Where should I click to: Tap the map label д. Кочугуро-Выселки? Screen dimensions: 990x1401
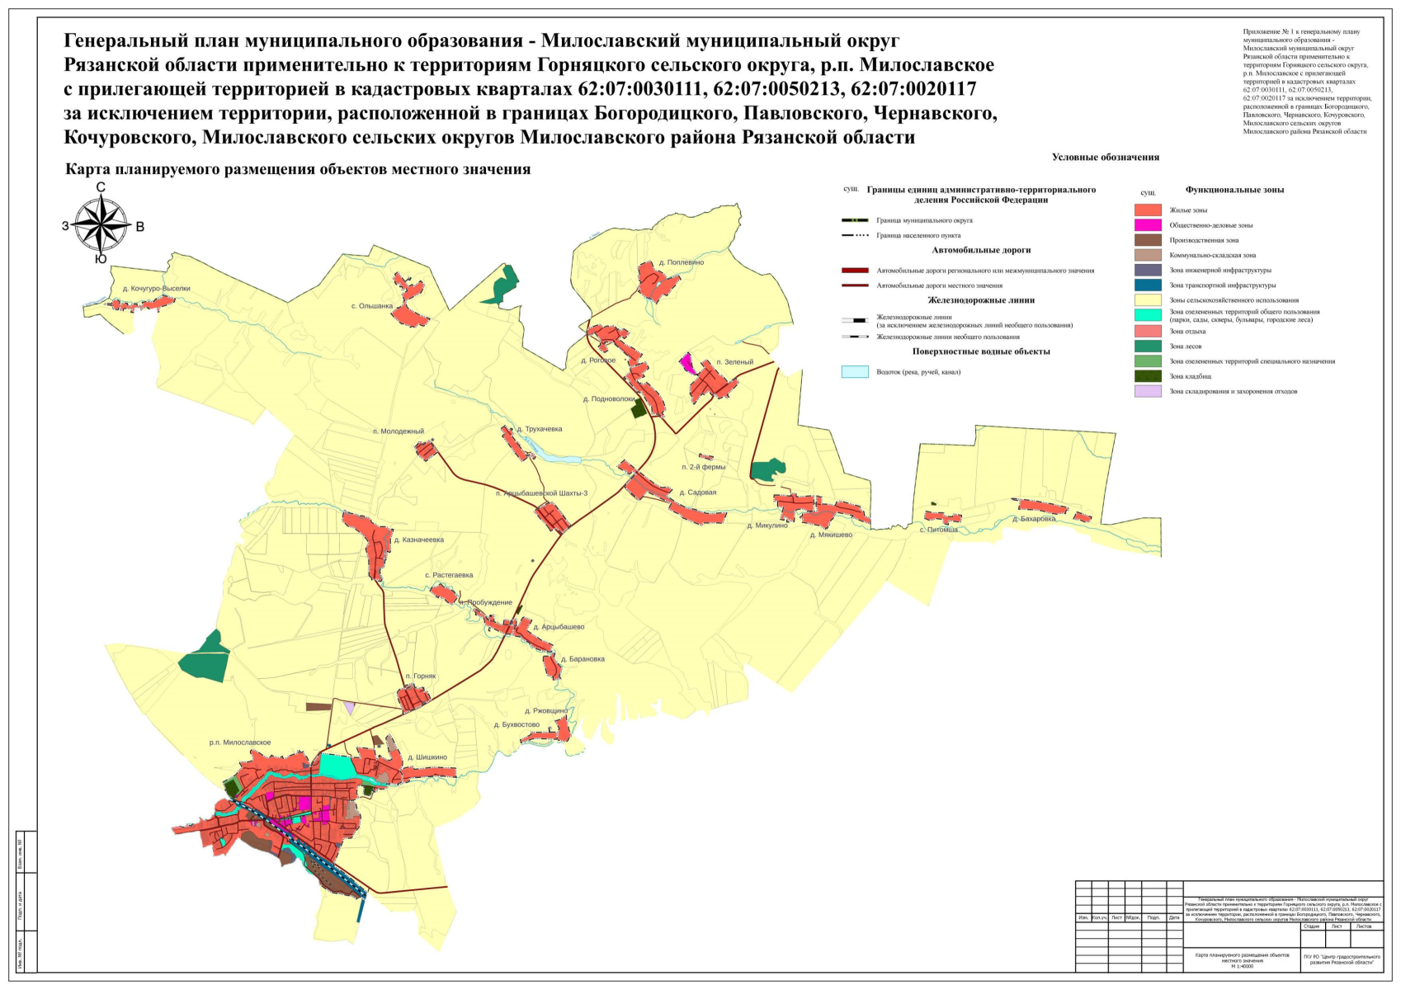click(156, 289)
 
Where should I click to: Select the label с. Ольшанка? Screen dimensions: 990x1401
click(371, 306)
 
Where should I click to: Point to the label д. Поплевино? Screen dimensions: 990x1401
click(681, 263)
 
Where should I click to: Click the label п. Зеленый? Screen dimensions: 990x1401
click(734, 362)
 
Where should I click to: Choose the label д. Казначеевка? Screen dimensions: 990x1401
click(418, 540)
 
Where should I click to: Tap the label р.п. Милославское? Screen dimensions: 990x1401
click(239, 743)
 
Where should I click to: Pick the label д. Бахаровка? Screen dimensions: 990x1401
click(1034, 520)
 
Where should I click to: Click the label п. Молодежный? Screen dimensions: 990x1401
click(398, 431)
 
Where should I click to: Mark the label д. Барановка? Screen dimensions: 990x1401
click(583, 660)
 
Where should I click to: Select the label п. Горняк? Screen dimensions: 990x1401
click(420, 676)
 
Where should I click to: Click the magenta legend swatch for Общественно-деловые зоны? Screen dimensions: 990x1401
click(1147, 225)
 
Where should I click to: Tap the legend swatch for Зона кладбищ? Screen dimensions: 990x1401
click(1147, 376)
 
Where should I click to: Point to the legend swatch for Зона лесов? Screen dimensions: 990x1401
click(1147, 346)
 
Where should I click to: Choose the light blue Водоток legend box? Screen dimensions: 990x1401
click(854, 372)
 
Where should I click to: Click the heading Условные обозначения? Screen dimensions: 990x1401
click(1105, 157)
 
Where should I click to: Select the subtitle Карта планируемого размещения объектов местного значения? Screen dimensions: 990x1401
click(297, 170)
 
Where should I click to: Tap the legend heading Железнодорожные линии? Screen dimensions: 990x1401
click(980, 300)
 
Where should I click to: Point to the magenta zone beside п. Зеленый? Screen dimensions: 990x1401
click(686, 362)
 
